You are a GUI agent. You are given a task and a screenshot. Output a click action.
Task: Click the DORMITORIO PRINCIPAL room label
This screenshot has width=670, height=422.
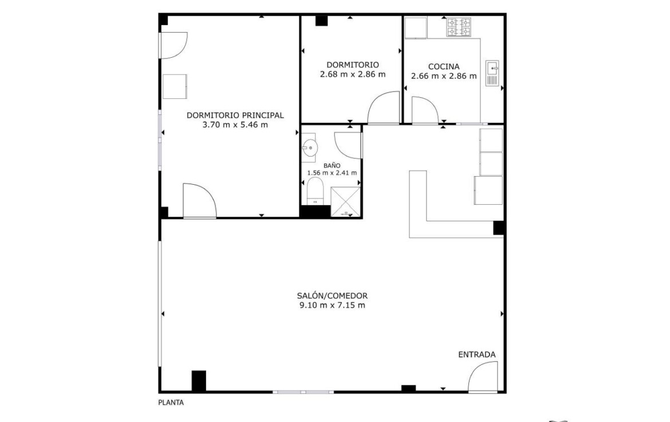(x=235, y=115)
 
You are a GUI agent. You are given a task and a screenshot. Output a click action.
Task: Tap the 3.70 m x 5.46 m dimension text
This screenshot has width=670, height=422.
(x=235, y=125)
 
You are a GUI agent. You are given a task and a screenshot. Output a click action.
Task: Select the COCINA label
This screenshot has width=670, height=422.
(x=444, y=66)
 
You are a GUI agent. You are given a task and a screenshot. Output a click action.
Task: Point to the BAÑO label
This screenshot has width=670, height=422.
(x=332, y=165)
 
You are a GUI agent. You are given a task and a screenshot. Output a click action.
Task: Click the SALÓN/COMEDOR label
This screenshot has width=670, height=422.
(x=333, y=296)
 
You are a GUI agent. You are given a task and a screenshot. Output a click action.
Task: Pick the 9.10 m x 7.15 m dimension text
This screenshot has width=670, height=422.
(x=333, y=305)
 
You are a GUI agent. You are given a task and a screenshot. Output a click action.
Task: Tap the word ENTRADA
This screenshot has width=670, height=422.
(x=477, y=355)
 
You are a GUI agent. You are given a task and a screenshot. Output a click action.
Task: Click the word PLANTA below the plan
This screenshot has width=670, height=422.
(x=171, y=403)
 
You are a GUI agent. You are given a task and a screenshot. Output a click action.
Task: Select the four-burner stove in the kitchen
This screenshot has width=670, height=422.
(x=459, y=27)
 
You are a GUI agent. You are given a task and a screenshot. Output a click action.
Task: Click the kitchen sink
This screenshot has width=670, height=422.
(x=492, y=73)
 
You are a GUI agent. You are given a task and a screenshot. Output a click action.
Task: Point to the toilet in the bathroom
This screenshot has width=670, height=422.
(x=316, y=191)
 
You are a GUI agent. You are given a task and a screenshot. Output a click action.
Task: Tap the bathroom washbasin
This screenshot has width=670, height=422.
(x=309, y=148)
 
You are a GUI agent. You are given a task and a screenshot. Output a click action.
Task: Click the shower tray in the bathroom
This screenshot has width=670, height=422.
(x=345, y=202)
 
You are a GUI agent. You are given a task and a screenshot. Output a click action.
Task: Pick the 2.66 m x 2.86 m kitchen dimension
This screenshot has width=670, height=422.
(x=444, y=77)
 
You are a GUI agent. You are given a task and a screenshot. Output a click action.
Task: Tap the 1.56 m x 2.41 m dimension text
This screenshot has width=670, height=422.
(x=332, y=173)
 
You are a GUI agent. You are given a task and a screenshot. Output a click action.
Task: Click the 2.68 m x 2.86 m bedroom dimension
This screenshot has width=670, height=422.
(x=353, y=74)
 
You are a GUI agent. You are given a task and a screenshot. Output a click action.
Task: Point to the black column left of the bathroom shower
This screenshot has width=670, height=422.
(x=315, y=211)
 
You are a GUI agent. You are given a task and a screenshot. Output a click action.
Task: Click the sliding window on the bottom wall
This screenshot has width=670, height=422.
(x=304, y=392)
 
